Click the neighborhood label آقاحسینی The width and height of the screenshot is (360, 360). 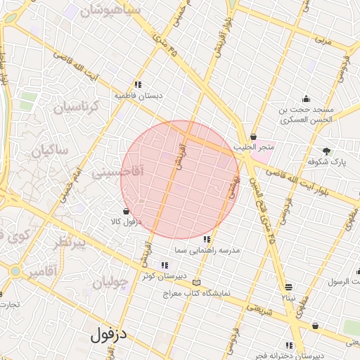[117, 171]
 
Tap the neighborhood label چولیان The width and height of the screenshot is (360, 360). [110, 283]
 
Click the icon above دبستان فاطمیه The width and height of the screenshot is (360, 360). [139, 84]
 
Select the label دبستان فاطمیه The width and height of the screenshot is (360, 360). [139, 94]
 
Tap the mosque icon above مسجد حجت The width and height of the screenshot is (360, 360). [306, 98]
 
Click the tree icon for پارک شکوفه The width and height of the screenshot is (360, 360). [326, 151]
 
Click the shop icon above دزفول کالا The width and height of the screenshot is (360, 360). [126, 211]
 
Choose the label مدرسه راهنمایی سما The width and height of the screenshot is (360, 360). [207, 250]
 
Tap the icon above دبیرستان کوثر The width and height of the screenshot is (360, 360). [165, 266]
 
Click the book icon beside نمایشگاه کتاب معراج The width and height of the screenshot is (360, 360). [196, 283]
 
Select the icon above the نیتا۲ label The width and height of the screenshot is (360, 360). [289, 287]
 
